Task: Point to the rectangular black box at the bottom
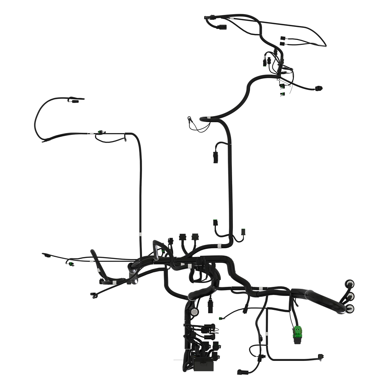[x=204, y=366]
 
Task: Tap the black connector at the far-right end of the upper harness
[x=319, y=88]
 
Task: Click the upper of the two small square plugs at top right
[x=282, y=38]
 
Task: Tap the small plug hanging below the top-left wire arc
[x=75, y=101]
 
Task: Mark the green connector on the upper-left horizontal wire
[x=100, y=132]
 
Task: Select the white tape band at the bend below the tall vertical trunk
[x=219, y=246]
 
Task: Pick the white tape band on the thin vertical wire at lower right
[x=266, y=334]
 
